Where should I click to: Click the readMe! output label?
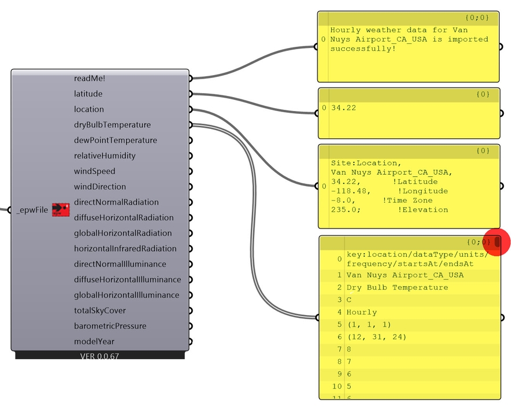click(90, 78)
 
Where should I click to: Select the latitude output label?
click(88, 94)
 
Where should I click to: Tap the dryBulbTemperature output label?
click(112, 125)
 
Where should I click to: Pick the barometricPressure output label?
click(110, 326)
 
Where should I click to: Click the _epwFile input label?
click(32, 210)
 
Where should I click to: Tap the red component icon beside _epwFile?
click(61, 210)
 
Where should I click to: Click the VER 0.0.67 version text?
click(99, 356)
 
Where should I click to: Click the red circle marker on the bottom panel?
click(496, 242)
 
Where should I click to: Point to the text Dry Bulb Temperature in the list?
click(397, 287)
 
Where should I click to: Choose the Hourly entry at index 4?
click(361, 312)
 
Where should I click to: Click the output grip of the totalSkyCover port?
click(190, 310)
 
